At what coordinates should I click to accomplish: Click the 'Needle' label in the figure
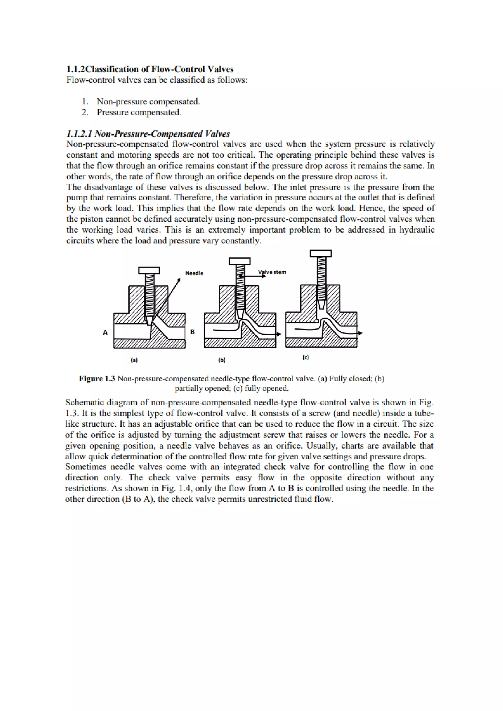coord(194,273)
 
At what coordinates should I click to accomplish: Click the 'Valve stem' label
coord(272,272)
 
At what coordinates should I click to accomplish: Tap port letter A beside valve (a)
coord(105,332)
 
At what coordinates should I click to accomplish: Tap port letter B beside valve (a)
coord(192,332)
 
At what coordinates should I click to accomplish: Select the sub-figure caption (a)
coord(134,360)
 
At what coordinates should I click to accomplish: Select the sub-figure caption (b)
coord(222,360)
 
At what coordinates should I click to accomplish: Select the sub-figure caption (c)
coord(306,357)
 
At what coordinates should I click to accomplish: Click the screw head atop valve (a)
coord(149,270)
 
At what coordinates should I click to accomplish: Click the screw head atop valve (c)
coord(321,254)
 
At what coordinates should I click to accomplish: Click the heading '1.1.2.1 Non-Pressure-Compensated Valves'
coord(148,134)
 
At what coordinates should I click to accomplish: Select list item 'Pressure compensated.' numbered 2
coord(139,112)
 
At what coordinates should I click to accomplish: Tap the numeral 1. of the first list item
coord(85,102)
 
